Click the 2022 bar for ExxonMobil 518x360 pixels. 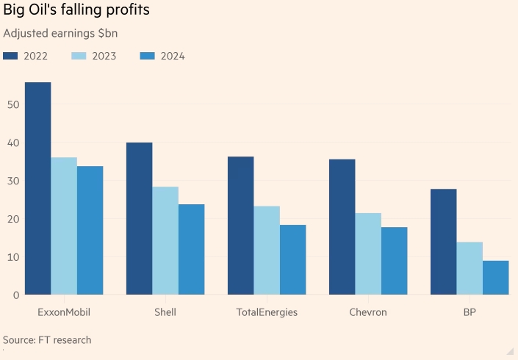(38, 189)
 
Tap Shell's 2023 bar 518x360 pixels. (165, 241)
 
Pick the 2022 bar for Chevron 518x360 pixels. (342, 227)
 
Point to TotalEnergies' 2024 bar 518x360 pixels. (292, 260)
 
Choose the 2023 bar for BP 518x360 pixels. (470, 268)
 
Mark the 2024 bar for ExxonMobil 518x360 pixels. (90, 231)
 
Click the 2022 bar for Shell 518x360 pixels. (140, 219)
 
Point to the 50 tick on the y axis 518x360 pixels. (13, 104)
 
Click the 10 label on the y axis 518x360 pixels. (13, 257)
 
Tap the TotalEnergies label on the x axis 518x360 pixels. (267, 312)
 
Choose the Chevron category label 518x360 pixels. (367, 312)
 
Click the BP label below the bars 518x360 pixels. (470, 312)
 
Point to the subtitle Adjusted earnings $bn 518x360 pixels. (60, 33)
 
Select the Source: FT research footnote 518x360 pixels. (47, 340)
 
